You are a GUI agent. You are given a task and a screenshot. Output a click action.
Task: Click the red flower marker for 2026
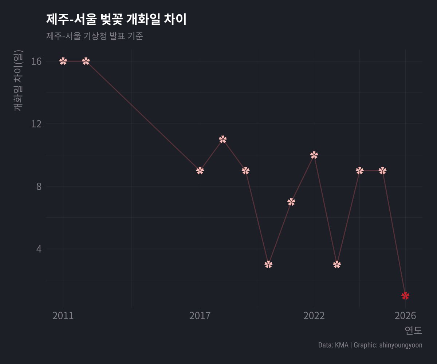click(405, 296)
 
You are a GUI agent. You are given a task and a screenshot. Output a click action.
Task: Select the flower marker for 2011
click(63, 61)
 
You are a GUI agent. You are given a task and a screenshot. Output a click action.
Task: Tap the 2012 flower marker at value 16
click(86, 61)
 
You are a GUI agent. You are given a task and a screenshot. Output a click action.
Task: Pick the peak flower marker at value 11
click(223, 139)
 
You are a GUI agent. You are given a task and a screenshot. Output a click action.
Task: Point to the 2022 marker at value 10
click(314, 155)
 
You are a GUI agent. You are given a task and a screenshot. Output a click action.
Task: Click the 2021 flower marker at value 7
click(291, 202)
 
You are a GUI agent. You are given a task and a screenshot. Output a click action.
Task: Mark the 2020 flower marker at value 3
click(268, 264)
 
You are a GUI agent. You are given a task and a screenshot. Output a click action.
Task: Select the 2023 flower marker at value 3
click(337, 264)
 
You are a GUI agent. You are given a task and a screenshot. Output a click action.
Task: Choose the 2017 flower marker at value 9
click(200, 171)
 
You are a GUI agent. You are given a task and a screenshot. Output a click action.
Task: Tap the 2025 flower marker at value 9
click(382, 171)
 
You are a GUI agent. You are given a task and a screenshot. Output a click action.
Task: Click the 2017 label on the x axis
click(200, 316)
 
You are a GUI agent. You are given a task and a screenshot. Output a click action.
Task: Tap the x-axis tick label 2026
click(405, 316)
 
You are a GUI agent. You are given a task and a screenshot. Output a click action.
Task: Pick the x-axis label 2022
click(314, 316)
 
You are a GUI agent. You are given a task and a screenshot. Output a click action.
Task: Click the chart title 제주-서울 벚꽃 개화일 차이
click(116, 20)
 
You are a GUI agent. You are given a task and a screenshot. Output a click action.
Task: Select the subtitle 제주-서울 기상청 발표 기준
click(95, 36)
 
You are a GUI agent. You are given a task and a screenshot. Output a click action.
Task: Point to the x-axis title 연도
click(413, 331)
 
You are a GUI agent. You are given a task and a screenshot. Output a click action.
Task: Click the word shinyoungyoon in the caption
click(401, 345)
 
